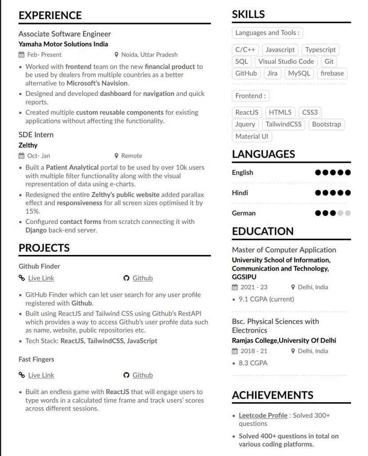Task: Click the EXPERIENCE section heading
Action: pyautogui.click(x=50, y=15)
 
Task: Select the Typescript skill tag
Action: pyautogui.click(x=320, y=50)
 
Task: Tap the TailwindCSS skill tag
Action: pyautogui.click(x=284, y=125)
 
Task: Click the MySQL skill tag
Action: pyautogui.click(x=299, y=73)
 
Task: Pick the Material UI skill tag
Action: pyautogui.click(x=252, y=137)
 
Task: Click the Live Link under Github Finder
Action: pyautogui.click(x=41, y=278)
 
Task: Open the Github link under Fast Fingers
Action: pyautogui.click(x=142, y=375)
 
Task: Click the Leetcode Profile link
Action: pyautogui.click(x=263, y=416)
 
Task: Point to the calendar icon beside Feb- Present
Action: pyautogui.click(x=21, y=55)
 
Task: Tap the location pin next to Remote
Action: pyautogui.click(x=116, y=156)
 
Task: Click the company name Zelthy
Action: pyautogui.click(x=28, y=145)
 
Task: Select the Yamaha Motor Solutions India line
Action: pyautogui.click(x=63, y=44)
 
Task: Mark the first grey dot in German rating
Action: pyautogui.click(x=340, y=213)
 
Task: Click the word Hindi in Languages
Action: pyautogui.click(x=240, y=193)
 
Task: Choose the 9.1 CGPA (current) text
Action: pyautogui.click(x=266, y=299)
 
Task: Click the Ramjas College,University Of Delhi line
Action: pyautogui.click(x=284, y=340)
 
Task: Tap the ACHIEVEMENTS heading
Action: pyautogui.click(x=272, y=395)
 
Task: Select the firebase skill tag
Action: pyautogui.click(x=332, y=73)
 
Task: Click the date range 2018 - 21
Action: pyautogui.click(x=254, y=351)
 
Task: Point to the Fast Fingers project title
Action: pyautogui.click(x=36, y=359)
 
